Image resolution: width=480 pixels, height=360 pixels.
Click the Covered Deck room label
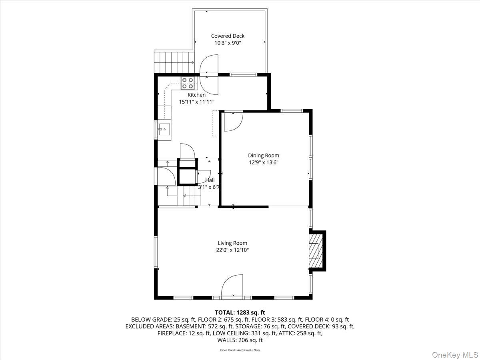coord(228,36)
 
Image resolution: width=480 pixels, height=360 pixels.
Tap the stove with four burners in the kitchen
coord(188,83)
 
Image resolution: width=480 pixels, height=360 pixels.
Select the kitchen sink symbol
coord(164,130)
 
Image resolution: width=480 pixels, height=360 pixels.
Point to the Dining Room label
coord(263,156)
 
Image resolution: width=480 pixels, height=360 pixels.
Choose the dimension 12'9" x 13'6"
coord(263,162)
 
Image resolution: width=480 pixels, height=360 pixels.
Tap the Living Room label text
coord(232,243)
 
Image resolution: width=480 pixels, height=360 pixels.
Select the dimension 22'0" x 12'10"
coord(232,250)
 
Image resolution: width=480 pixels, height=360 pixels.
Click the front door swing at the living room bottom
coord(232,286)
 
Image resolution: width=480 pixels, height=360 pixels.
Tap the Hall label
coord(210,180)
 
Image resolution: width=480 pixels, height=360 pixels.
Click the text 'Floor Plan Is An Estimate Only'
coord(240,350)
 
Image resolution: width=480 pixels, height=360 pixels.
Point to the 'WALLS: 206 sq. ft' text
coord(240,340)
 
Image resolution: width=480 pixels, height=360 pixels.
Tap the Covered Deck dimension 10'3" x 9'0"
coord(228,43)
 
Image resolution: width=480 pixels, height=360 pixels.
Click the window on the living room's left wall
coord(156,252)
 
